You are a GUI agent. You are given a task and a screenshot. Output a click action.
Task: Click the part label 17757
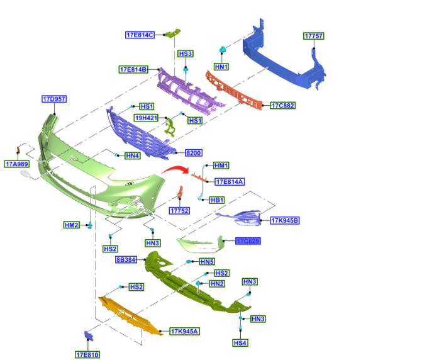pyautogui.click(x=314, y=37)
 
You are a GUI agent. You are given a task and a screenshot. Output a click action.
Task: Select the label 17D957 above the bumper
pyautogui.click(x=55, y=99)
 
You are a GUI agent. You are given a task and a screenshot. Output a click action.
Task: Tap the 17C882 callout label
pyautogui.click(x=282, y=105)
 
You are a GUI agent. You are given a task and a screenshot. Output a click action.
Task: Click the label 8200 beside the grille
pyautogui.click(x=193, y=153)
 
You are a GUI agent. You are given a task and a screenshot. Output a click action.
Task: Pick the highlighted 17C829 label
pyautogui.click(x=248, y=241)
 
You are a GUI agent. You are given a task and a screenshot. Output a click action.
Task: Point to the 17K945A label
pyautogui.click(x=185, y=331)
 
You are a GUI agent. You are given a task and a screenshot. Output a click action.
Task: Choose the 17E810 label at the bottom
pyautogui.click(x=88, y=354)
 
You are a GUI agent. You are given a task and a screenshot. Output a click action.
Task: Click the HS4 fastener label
pyautogui.click(x=240, y=343)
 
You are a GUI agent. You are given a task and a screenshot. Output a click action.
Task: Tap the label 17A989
pyautogui.click(x=17, y=164)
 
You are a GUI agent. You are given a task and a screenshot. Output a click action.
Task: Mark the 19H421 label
pyautogui.click(x=146, y=118)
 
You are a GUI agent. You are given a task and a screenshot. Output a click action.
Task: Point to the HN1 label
pyautogui.click(x=221, y=66)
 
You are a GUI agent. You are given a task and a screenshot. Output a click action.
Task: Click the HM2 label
pyautogui.click(x=72, y=225)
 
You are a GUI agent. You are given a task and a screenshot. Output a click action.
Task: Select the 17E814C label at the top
pyautogui.click(x=140, y=35)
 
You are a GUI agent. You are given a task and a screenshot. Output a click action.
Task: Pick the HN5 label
pyautogui.click(x=208, y=261)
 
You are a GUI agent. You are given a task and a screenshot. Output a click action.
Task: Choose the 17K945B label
pyautogui.click(x=285, y=220)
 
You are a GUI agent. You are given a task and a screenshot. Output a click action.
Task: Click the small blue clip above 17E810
pyautogui.click(x=88, y=335)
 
